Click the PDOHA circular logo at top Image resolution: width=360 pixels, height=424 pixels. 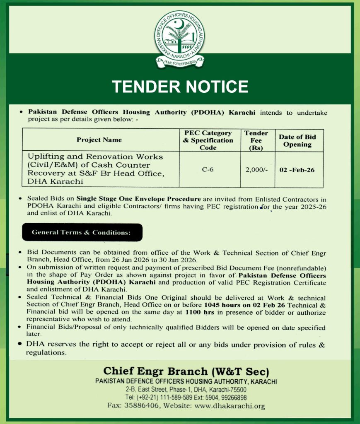point(180,37)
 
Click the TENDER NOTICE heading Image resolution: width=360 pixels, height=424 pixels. point(180,87)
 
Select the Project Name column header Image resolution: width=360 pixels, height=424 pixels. point(99,140)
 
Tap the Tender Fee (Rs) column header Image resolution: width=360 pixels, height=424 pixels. point(256,140)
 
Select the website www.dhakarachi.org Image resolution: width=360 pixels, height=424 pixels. point(230,406)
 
